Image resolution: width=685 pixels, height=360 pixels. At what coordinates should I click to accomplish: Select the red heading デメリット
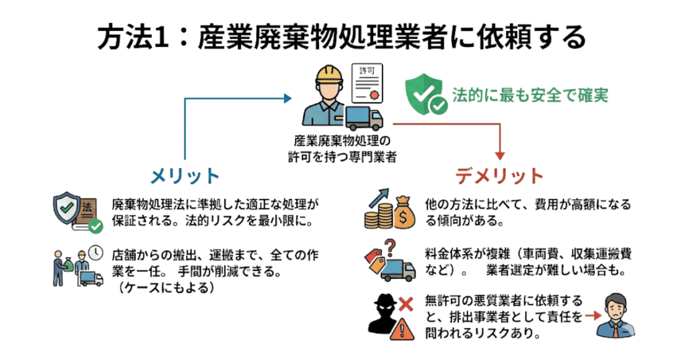[500, 175]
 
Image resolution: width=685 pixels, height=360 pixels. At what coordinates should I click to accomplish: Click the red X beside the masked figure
[404, 305]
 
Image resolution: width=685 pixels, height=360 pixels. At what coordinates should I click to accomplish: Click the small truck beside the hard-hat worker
[364, 118]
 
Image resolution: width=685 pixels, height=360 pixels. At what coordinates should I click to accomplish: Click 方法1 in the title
[131, 37]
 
